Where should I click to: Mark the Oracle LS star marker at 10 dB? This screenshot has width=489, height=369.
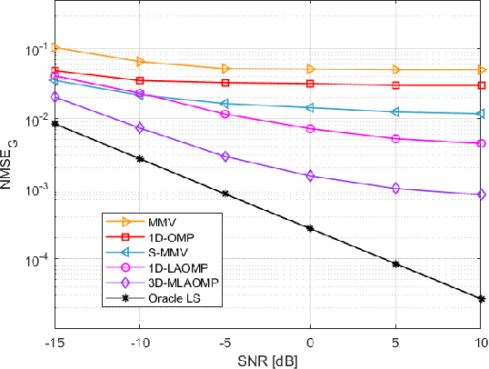click(481, 298)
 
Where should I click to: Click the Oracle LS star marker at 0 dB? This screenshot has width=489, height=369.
click(311, 229)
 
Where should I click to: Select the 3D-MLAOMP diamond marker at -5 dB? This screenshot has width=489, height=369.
click(225, 156)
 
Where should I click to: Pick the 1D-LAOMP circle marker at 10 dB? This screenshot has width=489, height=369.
click(481, 144)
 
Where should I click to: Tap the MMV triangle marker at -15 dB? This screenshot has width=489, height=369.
click(55, 47)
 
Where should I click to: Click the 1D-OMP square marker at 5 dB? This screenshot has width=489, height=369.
click(395, 85)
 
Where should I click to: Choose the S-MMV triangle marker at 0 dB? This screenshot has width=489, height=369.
click(311, 107)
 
